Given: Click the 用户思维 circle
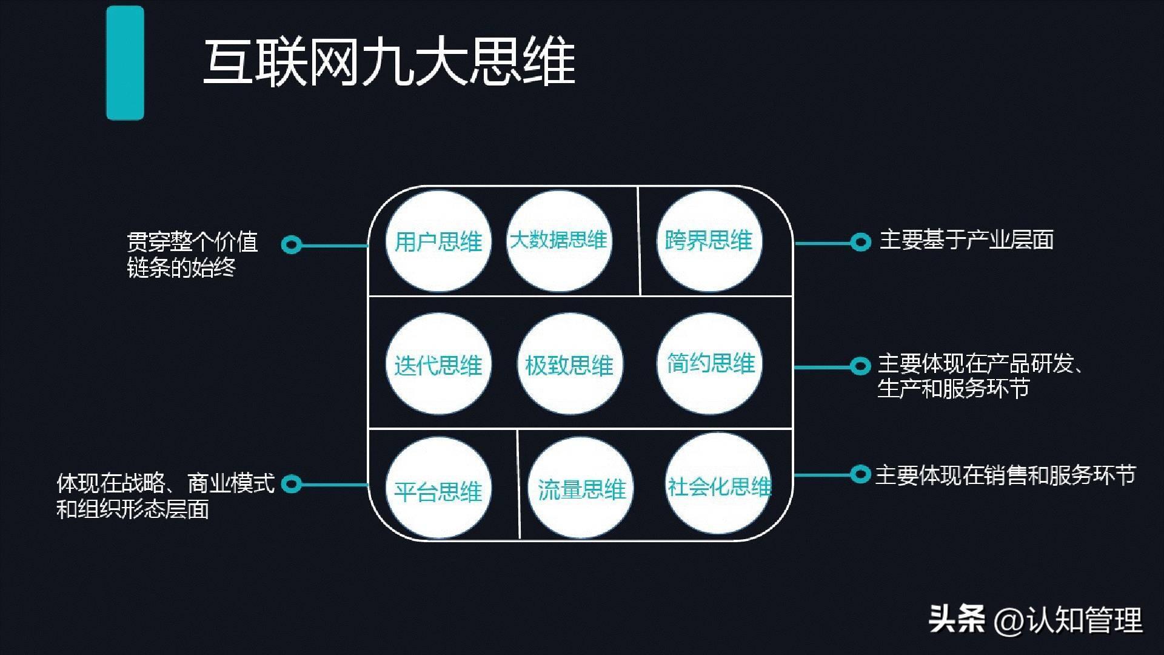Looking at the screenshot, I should (438, 241).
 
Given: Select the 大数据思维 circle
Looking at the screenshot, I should (558, 240).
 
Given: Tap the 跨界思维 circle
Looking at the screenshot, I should (709, 240).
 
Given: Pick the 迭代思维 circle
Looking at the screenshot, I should (438, 364).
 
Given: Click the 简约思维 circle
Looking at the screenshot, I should (710, 363).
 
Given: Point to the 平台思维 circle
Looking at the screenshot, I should (438, 489).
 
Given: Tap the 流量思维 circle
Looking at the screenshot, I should (581, 489).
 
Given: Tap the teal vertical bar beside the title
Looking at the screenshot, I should (125, 63).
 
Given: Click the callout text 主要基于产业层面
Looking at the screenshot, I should (966, 240).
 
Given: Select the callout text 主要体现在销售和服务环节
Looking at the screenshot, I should (1005, 475).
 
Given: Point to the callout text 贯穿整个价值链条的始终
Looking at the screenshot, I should (193, 255).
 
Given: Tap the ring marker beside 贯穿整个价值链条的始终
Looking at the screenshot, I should (292, 245).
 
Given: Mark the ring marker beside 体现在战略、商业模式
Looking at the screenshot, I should (292, 484).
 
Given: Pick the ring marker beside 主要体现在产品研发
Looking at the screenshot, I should (860, 366).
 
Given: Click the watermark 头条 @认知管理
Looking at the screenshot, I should (1035, 620).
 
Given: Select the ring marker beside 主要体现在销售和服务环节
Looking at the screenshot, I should (860, 474).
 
